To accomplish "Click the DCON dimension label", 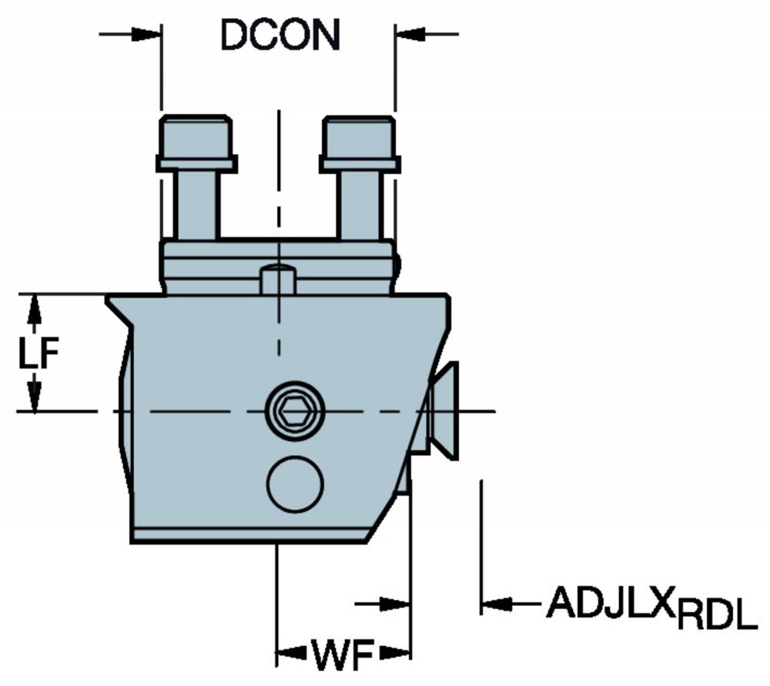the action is (280, 35).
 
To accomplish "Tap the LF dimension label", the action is (38, 353).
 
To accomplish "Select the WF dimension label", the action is (343, 655).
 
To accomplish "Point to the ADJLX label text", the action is (610, 603).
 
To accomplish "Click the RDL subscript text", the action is (717, 614).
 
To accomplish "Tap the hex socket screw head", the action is (295, 410).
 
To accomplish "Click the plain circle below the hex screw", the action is (295, 484).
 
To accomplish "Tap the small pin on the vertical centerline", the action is (279, 279).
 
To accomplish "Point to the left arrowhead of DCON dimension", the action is (146, 35).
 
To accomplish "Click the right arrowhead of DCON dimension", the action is (410, 34).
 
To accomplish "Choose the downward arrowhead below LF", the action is (34, 396).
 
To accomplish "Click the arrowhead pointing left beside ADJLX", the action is (496, 603).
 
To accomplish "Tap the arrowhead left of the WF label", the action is (292, 654).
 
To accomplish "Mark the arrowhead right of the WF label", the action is (395, 653).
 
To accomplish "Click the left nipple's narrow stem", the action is (196, 206).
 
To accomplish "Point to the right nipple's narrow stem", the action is (360, 206).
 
